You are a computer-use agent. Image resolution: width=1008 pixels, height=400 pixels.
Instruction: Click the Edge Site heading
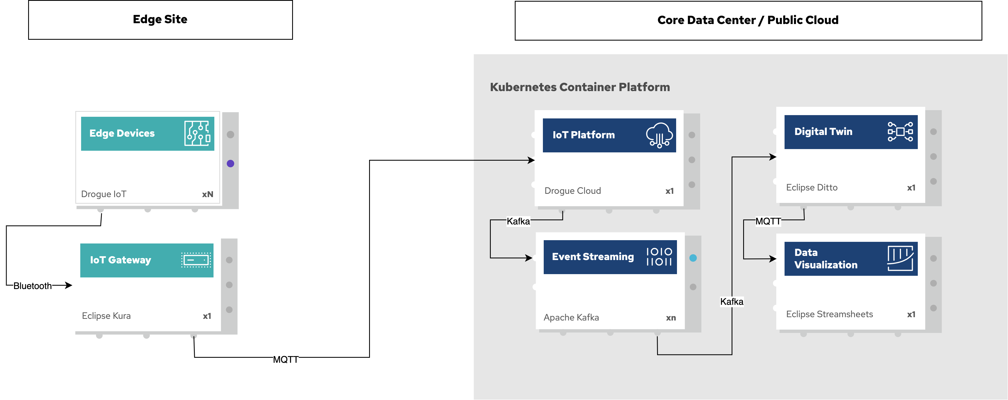(160, 19)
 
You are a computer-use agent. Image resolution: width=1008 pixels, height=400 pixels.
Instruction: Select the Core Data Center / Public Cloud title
(748, 20)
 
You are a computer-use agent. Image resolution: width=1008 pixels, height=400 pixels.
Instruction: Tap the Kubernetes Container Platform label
(580, 87)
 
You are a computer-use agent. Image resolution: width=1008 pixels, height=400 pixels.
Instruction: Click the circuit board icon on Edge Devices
(197, 133)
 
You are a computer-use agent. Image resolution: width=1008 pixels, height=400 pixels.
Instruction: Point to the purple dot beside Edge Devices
(230, 164)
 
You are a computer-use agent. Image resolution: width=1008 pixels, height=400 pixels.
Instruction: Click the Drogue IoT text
(104, 194)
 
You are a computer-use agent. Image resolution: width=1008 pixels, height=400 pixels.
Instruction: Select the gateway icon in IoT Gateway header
(196, 260)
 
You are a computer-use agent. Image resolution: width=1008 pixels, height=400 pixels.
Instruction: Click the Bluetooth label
(33, 286)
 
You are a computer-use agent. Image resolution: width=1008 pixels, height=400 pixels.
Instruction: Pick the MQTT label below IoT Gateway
(286, 360)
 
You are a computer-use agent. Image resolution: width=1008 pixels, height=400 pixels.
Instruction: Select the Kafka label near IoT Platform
(518, 221)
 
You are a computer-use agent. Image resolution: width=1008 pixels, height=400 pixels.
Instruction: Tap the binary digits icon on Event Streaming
(659, 257)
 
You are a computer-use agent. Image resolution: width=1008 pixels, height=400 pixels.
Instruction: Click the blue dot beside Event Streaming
(693, 258)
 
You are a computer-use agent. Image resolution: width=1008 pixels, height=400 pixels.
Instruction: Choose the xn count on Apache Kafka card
(671, 318)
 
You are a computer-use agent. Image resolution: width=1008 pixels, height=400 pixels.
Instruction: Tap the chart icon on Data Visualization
(900, 258)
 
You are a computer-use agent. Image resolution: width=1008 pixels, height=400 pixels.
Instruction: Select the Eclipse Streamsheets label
(829, 314)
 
